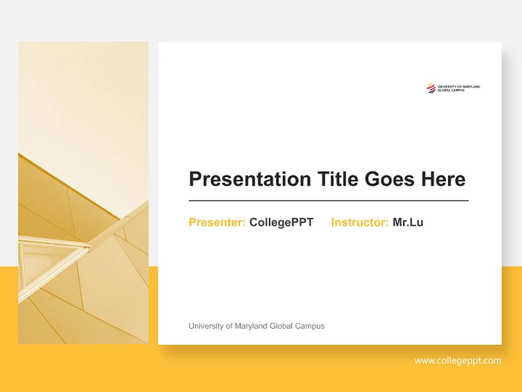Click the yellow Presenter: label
tap(217, 222)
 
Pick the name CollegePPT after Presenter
tap(281, 222)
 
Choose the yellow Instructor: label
tap(359, 222)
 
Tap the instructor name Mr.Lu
tap(408, 222)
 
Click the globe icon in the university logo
tap(431, 88)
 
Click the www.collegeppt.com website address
tap(458, 360)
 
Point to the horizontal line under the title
tap(328, 201)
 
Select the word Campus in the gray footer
tap(310, 326)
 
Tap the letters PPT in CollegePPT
tap(302, 222)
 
